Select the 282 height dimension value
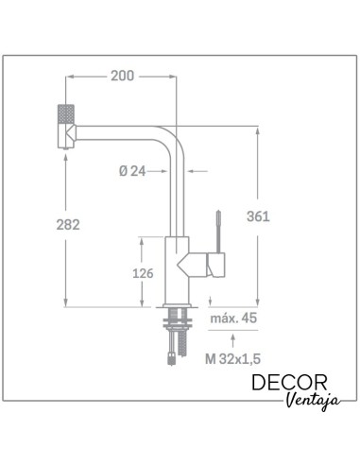pos(66,224)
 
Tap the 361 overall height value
pos(259,215)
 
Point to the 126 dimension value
pos(143,274)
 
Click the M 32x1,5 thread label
pos(231,360)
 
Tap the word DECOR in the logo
pos(290,383)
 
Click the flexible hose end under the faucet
pos(171,357)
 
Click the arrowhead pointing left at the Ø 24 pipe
pos(193,171)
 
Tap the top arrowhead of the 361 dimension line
pos(258,130)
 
